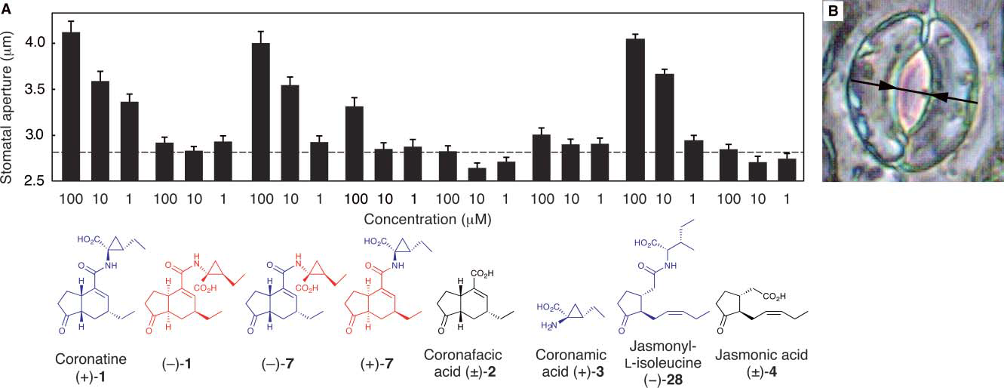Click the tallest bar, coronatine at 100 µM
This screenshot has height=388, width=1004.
70,106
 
